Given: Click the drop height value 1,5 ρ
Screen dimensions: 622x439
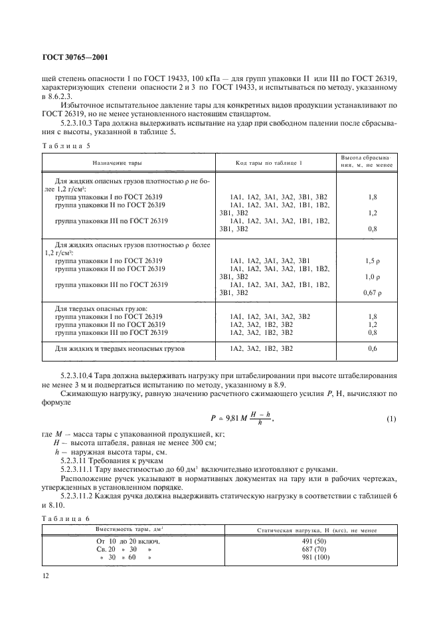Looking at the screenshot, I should tap(373, 260).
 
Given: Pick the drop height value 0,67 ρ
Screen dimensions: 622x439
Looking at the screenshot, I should tap(373, 292).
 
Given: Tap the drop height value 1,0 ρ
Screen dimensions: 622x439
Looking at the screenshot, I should tap(373, 276).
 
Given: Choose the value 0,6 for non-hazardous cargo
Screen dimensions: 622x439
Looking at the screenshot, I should tap(373, 348).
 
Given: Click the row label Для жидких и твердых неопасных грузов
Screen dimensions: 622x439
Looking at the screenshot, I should tap(120, 348).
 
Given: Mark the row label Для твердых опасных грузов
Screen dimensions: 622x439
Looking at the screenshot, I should tap(97, 309).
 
